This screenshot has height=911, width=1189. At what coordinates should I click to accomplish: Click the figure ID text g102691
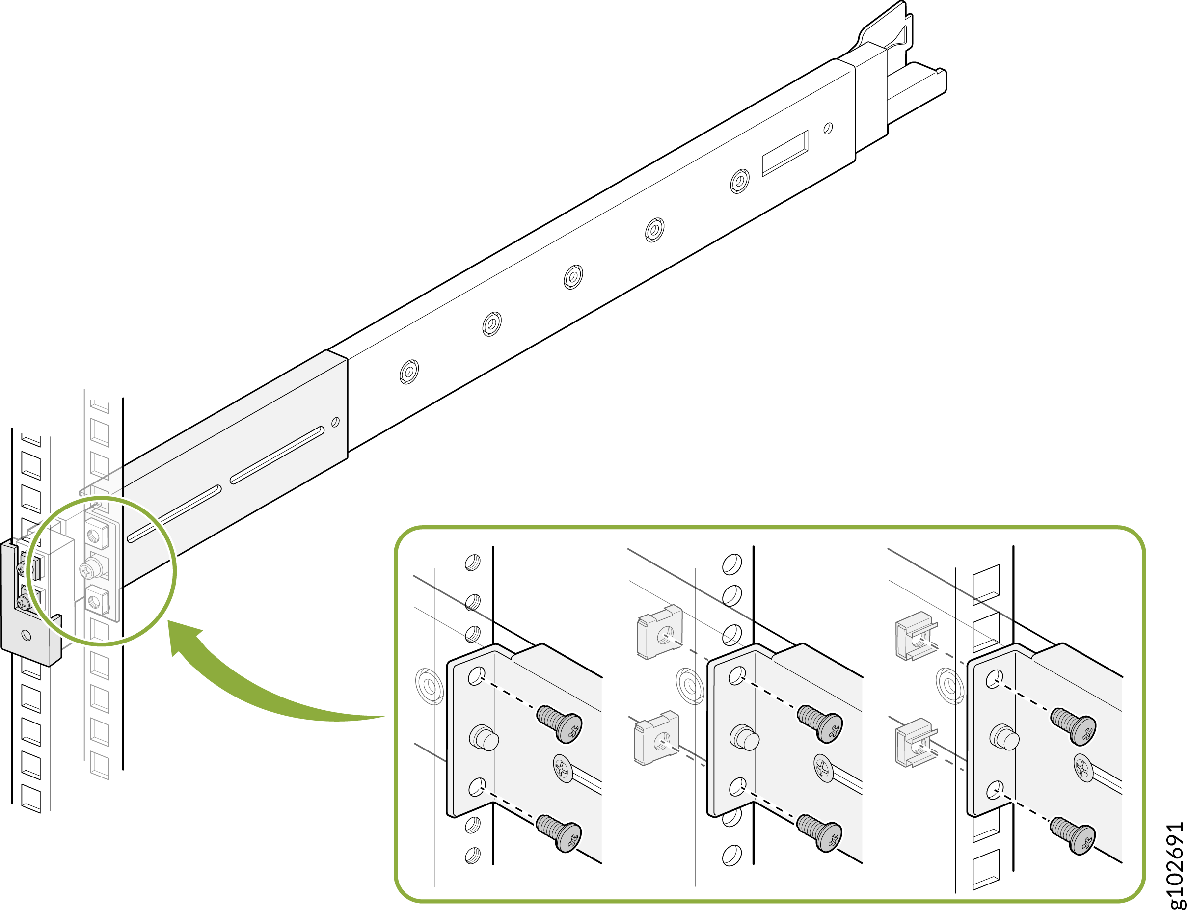coord(1175,864)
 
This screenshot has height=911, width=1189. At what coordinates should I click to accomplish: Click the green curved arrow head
coord(182,637)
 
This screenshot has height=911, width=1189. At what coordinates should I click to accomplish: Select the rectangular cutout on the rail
coord(784,154)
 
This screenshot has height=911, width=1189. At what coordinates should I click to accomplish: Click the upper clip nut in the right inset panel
coord(916,636)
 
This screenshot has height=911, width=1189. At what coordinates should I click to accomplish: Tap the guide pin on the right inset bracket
coord(1004,737)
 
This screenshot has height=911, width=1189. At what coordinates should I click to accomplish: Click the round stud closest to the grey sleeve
coord(409,372)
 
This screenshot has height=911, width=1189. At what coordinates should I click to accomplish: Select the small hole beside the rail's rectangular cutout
coord(828,129)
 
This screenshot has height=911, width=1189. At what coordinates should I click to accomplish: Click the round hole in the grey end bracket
coord(26,635)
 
